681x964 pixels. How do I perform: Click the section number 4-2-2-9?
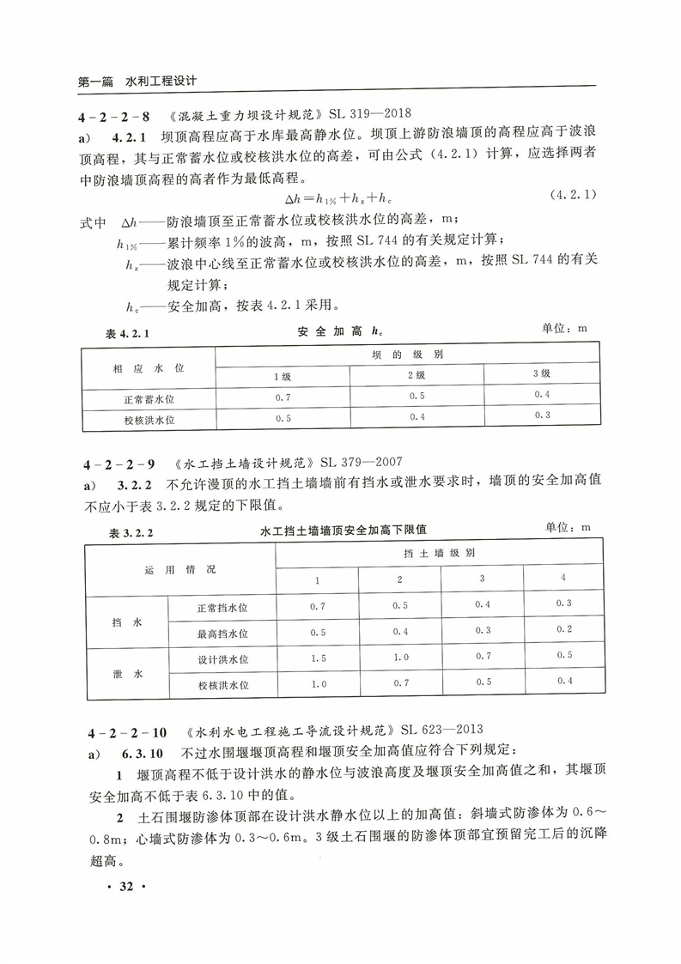pyautogui.click(x=118, y=464)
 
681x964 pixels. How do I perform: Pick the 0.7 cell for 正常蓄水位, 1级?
pyautogui.click(x=283, y=396)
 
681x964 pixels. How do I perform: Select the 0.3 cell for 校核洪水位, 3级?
pyautogui.click(x=541, y=416)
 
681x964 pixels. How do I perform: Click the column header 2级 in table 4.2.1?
pyautogui.click(x=417, y=375)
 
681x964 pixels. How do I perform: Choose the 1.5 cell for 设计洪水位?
pyautogui.click(x=318, y=658)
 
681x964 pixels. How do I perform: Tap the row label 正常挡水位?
pyautogui.click(x=222, y=607)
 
